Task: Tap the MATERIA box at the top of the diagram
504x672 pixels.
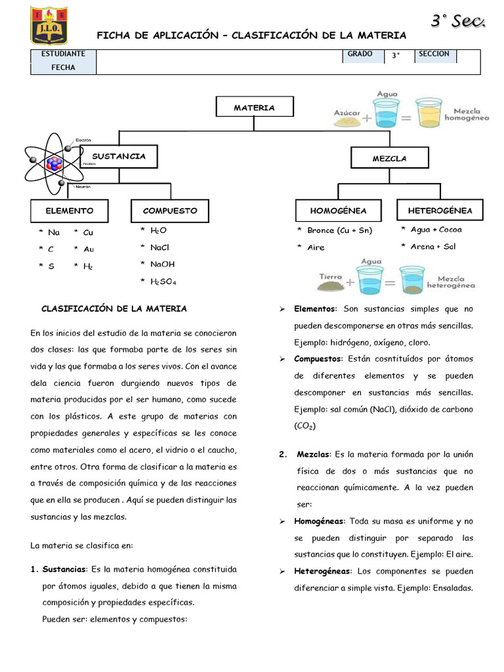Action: point(255,108)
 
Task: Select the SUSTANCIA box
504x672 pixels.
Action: point(118,157)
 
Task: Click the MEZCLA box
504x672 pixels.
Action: point(390,158)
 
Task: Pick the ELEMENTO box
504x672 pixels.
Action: point(69,211)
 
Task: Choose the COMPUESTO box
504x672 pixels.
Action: point(170,211)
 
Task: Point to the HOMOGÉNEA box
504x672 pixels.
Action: point(338,211)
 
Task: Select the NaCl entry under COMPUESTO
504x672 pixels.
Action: point(159,247)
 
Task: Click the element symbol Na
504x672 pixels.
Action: point(54,232)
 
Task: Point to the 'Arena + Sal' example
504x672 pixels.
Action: point(432,247)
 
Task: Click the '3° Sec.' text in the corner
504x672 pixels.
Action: point(458,22)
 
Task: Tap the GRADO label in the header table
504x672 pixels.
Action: point(361,54)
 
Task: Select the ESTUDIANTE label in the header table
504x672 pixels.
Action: point(63,54)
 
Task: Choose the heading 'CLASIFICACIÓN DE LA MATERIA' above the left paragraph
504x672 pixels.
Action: point(114,308)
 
